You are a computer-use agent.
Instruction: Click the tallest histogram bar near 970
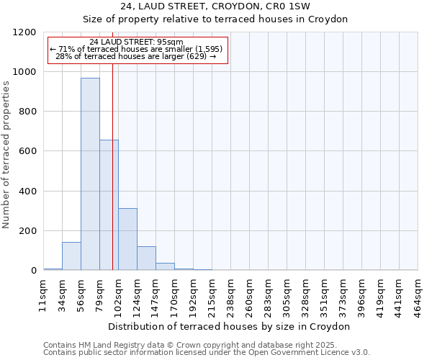[x=90, y=174]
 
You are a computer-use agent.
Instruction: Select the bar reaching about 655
[x=109, y=205]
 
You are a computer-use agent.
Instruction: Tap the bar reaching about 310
[x=127, y=239]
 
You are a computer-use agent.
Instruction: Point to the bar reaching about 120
[x=146, y=258]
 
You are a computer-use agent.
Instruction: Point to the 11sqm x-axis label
[x=43, y=293]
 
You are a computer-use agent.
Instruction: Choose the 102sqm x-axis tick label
[x=118, y=294]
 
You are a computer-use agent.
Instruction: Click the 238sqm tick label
[x=230, y=294]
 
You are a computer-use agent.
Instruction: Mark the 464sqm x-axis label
[x=418, y=294]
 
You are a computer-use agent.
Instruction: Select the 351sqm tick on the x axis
[x=324, y=294]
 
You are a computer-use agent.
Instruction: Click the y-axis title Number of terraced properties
[x=6, y=155]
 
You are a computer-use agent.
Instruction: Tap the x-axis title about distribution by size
[x=230, y=326]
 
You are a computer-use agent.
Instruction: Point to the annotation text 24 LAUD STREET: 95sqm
[x=137, y=42]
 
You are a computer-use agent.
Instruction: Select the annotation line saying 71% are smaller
[x=137, y=49]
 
